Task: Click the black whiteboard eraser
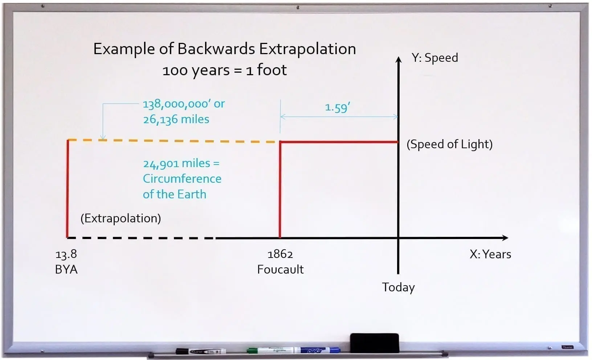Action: coord(374,343)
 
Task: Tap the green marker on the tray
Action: coord(270,351)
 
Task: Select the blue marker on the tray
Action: coord(319,351)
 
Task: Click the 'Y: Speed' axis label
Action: coord(434,57)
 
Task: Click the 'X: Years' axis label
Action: coord(490,254)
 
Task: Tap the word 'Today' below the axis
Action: coord(398,287)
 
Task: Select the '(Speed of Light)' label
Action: coord(449,144)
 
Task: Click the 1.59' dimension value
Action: coord(337,107)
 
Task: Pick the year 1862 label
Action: coord(280,254)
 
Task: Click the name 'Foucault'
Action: coord(280,269)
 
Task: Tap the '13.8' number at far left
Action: coord(66,254)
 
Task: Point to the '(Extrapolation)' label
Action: coord(121,218)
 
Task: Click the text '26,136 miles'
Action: coord(176,119)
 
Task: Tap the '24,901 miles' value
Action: coord(176,163)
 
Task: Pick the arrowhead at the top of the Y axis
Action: coord(398,59)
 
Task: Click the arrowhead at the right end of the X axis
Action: coord(505,238)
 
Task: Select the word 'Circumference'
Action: coord(182,179)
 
